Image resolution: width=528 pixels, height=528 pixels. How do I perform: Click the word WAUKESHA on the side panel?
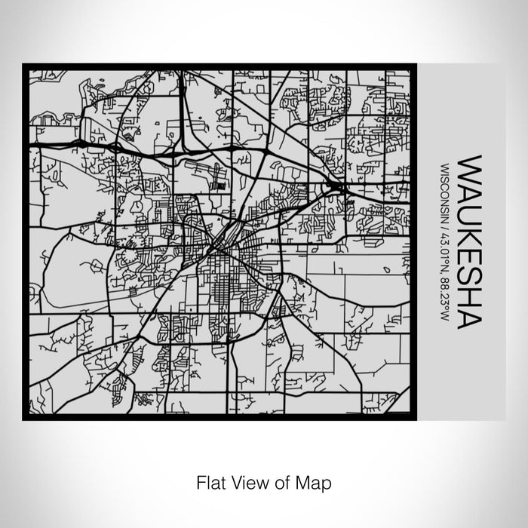click(469, 241)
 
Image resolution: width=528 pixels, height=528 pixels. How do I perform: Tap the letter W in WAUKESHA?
click(469, 167)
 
